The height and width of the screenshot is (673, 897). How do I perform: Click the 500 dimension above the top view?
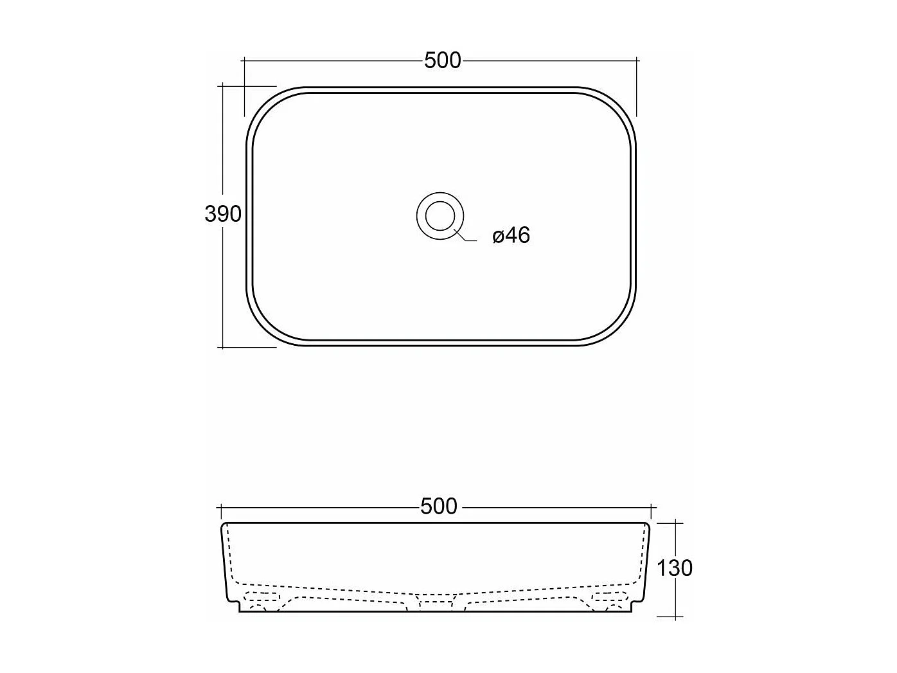(x=443, y=60)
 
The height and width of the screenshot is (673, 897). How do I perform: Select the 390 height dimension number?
(x=223, y=213)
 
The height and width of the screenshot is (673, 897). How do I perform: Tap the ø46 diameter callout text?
(x=511, y=235)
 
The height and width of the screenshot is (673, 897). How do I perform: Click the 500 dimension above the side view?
(x=439, y=507)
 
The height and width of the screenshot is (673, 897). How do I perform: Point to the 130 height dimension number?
(x=674, y=568)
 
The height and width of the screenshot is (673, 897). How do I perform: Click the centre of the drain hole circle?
(x=440, y=215)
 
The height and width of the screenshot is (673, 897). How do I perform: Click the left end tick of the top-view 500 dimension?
(x=244, y=60)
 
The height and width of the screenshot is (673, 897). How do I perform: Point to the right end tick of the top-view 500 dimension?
(x=637, y=60)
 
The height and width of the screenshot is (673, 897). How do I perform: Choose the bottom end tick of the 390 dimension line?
(x=223, y=347)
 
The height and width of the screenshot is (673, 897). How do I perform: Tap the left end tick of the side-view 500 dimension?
(x=220, y=507)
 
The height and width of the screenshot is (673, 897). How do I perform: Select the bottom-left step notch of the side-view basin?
(x=235, y=604)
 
